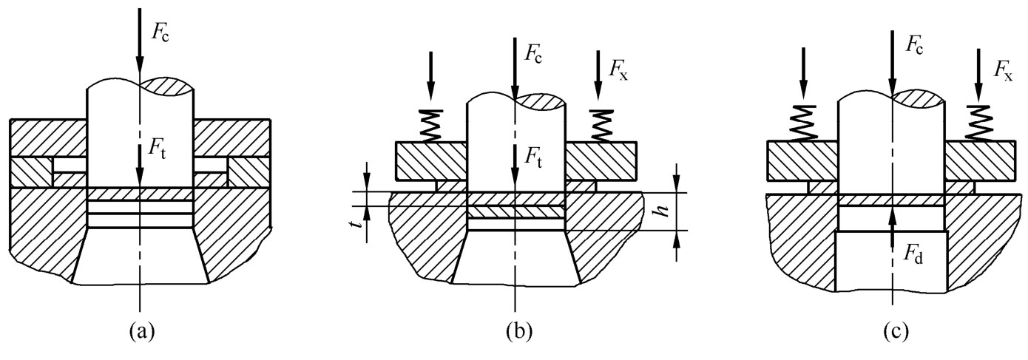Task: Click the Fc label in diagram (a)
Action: (x=160, y=33)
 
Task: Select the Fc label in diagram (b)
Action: (x=532, y=54)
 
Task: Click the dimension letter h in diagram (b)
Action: (x=661, y=210)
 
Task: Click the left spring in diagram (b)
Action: (x=431, y=126)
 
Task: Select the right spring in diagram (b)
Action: (x=602, y=126)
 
